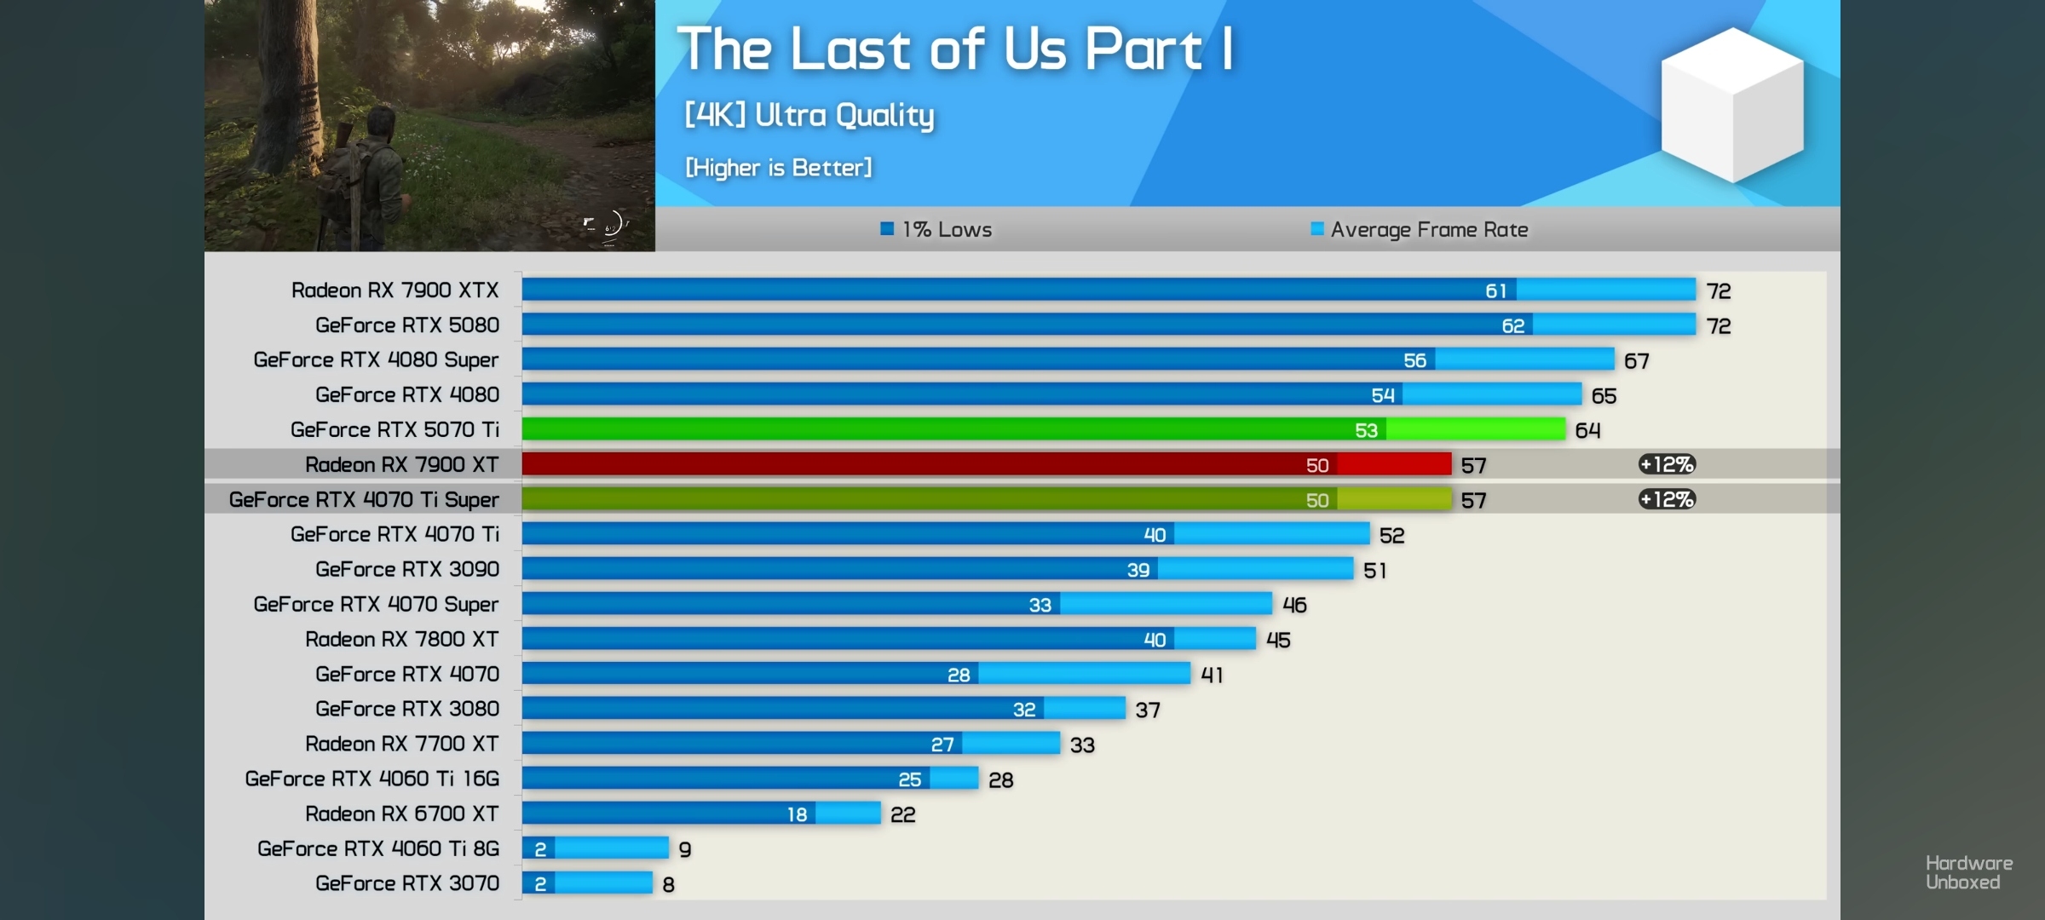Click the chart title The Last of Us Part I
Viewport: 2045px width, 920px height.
954,49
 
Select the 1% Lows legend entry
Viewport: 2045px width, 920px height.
936,229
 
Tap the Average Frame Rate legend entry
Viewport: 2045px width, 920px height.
1420,229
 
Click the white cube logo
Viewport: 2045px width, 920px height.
1731,105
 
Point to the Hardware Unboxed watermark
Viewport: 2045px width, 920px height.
1968,873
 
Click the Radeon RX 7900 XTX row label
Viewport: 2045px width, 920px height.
395,290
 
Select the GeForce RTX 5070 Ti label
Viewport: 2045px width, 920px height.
395,429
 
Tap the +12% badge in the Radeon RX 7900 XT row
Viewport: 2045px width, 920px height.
1667,464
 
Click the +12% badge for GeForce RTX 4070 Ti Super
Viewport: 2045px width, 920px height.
1667,499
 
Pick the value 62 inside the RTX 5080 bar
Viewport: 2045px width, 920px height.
1512,325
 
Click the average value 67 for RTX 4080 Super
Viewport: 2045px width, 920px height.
1636,361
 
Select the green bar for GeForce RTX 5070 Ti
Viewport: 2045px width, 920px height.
937,429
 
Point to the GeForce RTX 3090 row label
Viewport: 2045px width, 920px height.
406,569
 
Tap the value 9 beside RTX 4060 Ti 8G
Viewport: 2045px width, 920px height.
685,849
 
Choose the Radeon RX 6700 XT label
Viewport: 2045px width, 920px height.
401,814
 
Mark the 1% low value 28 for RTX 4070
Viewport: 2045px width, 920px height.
959,675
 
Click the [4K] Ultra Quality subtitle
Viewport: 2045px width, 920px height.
809,115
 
